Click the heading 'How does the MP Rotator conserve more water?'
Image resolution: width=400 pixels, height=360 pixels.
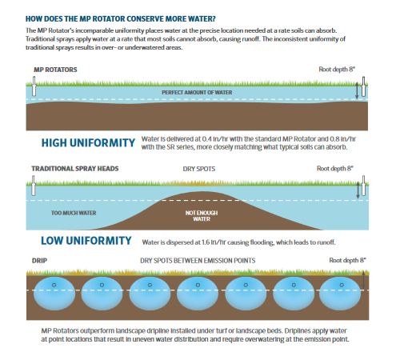pyautogui.click(x=121, y=19)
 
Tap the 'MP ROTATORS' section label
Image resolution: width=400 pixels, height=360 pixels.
pyautogui.click(x=55, y=70)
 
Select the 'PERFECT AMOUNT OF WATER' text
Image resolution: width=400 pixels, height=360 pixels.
pyautogui.click(x=197, y=93)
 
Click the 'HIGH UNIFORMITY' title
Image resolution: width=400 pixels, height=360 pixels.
pyautogui.click(x=88, y=143)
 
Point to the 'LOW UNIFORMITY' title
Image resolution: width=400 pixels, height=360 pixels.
pyautogui.click(x=86, y=241)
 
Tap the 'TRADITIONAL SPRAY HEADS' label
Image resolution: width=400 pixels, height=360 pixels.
pyautogui.click(x=75, y=169)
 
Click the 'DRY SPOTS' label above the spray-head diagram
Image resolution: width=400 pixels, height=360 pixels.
pyautogui.click(x=199, y=169)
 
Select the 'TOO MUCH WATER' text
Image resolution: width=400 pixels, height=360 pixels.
pyautogui.click(x=74, y=213)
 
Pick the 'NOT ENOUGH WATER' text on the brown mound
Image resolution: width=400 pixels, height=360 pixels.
pyautogui.click(x=202, y=216)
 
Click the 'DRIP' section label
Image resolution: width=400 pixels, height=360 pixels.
pyautogui.click(x=39, y=261)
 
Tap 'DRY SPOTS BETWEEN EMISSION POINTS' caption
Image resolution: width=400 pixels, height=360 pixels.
pyautogui.click(x=198, y=261)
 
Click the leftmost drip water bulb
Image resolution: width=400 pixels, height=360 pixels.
pyautogui.click(x=54, y=294)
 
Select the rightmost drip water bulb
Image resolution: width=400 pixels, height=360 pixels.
pyautogui.click(x=340, y=294)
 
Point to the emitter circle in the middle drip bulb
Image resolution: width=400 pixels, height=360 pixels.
pyautogui.click(x=198, y=285)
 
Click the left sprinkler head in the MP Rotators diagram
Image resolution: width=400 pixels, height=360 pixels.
pyautogui.click(x=34, y=86)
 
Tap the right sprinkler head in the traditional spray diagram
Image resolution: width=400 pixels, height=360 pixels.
pyautogui.click(x=363, y=186)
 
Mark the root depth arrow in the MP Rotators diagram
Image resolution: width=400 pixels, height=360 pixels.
pyautogui.click(x=357, y=91)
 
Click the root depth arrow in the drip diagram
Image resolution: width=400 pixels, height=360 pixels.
pyautogui.click(x=363, y=280)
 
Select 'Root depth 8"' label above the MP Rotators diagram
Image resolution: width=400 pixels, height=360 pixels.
pyautogui.click(x=337, y=70)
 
